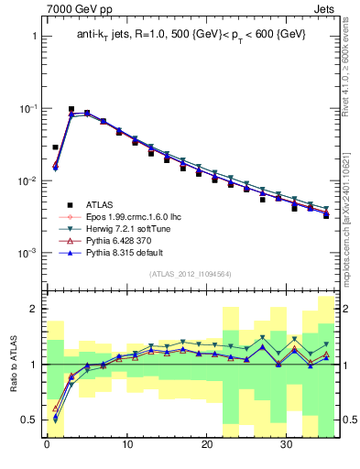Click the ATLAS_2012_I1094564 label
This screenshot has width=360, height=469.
pos(191,274)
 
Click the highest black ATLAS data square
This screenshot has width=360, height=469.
pos(71,109)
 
